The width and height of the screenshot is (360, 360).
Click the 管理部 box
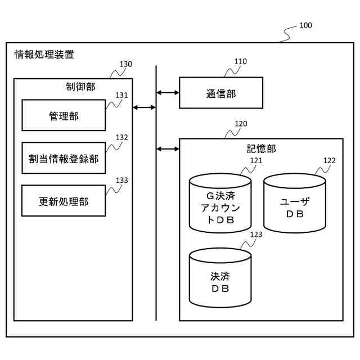[x=64, y=116]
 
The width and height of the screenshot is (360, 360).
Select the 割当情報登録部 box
[x=64, y=159]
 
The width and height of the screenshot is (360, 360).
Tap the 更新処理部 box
[x=64, y=201]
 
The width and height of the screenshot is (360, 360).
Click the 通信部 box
[x=221, y=93]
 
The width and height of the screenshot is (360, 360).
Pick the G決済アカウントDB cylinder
[x=220, y=204]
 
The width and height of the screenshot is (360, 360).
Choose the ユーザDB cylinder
[x=295, y=204]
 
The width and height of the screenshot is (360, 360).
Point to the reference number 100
[x=305, y=25]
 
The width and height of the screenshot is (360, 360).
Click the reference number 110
[x=241, y=61]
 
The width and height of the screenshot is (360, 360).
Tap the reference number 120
[x=241, y=124]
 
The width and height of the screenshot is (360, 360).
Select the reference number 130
[x=126, y=64]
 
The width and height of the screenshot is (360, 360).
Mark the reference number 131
[x=122, y=95]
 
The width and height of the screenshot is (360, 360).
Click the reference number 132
[x=122, y=137]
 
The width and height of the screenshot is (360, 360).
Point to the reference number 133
[x=122, y=180]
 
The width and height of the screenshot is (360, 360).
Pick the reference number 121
[x=256, y=160]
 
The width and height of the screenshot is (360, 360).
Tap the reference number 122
[x=330, y=160]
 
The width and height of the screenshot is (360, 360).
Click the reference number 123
[x=256, y=235]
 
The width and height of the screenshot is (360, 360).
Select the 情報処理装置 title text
[x=44, y=55]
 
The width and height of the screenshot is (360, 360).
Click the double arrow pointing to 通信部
[x=168, y=93]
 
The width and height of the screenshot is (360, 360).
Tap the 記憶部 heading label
[x=262, y=148]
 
